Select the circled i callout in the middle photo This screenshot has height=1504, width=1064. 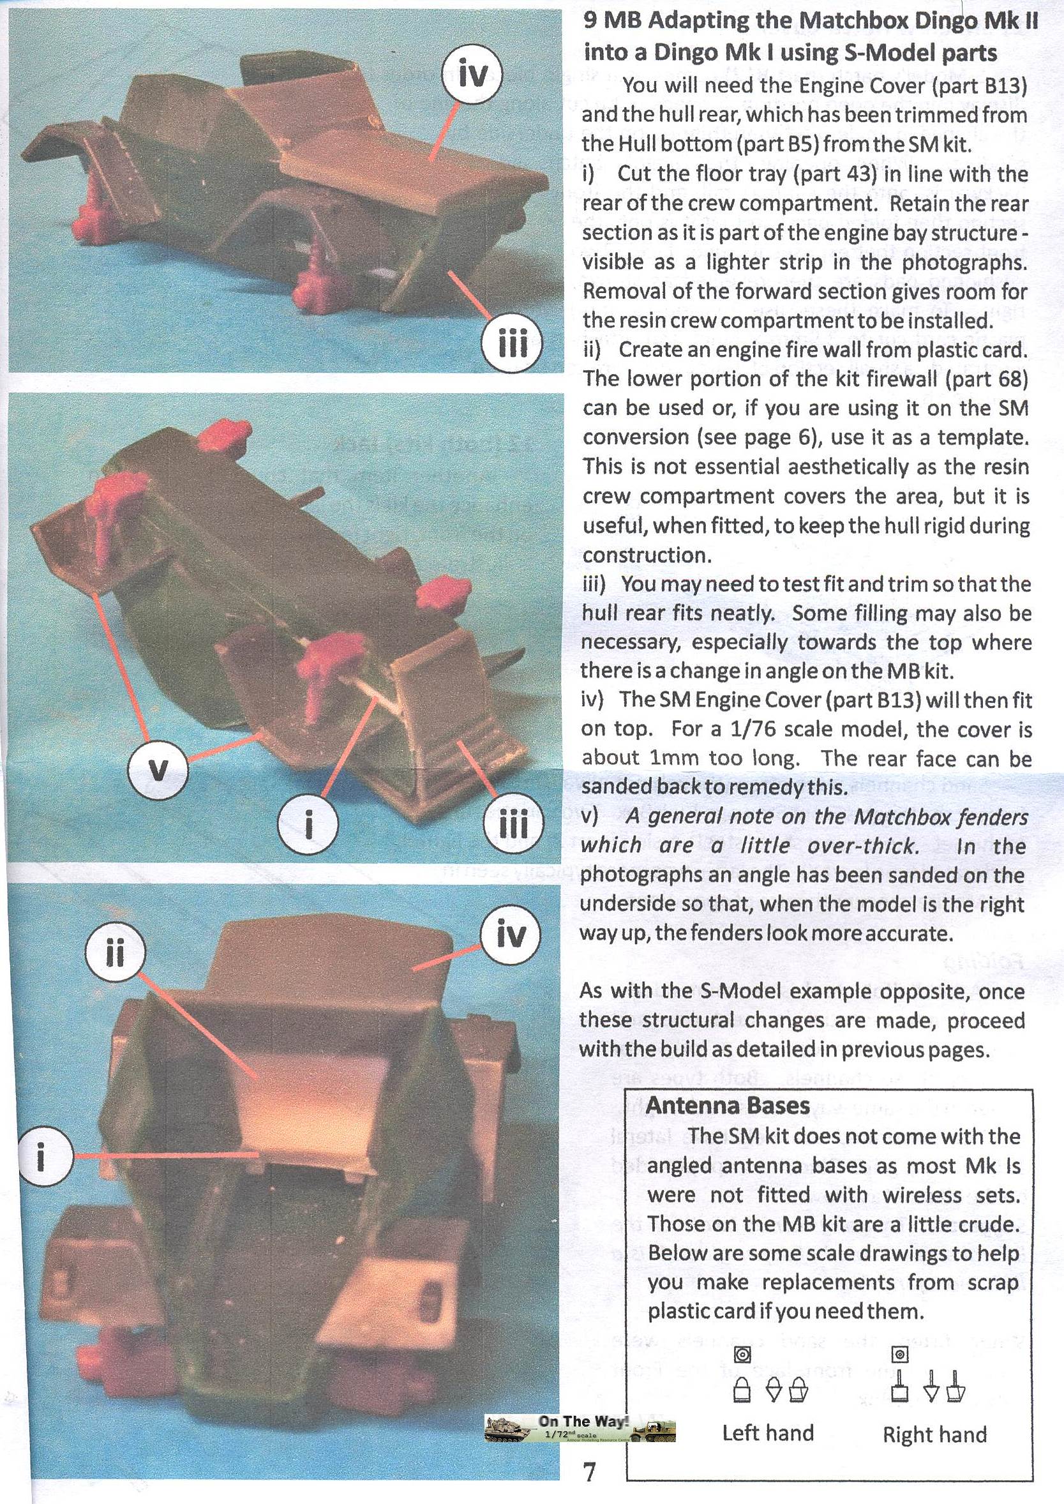coord(308,823)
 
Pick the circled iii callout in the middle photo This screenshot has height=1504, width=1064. coord(513,823)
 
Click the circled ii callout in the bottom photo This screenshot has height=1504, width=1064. coord(115,952)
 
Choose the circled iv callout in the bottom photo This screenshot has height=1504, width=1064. coord(511,934)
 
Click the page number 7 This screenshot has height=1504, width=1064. coord(590,1471)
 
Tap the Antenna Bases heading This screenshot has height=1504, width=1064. coord(727,1106)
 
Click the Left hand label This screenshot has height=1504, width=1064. coord(768,1433)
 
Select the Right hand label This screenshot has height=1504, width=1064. coord(935,1434)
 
